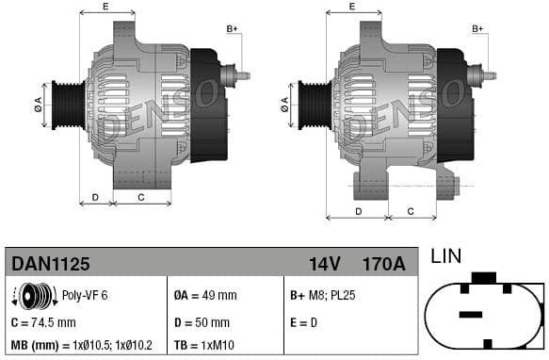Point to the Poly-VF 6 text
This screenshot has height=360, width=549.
coord(85,295)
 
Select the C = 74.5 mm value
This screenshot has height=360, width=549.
coord(43,320)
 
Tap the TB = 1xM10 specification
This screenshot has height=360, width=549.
coord(206,345)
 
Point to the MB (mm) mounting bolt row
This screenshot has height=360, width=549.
coord(82,345)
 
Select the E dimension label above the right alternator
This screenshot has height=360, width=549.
coord(351,7)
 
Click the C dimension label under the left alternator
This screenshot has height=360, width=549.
coord(141,196)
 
